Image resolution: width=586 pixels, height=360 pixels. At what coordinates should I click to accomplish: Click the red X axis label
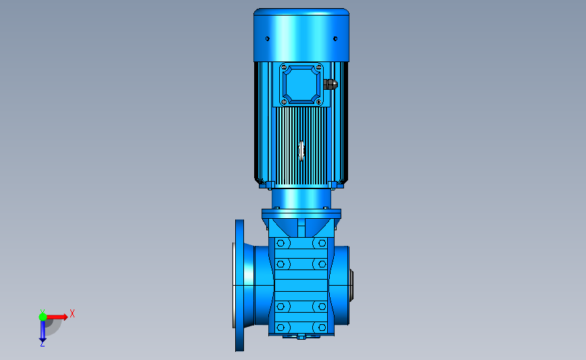[x=72, y=313]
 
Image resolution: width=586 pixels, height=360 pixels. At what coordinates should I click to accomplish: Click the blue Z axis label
[x=42, y=344]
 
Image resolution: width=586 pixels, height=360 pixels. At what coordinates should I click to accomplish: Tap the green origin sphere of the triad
[x=43, y=317]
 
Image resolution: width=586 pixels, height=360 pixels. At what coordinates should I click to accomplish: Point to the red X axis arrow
[x=57, y=317]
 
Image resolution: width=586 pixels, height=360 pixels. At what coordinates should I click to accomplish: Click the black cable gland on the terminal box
[x=331, y=84]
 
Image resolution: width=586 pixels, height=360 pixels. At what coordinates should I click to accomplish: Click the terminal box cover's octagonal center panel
[x=301, y=84]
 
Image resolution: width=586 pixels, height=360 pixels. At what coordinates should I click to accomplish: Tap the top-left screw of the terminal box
[x=284, y=68]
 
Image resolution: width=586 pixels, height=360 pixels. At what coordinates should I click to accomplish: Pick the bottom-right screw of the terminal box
[x=318, y=101]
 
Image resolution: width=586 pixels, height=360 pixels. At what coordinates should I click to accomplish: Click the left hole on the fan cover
[x=267, y=38]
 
